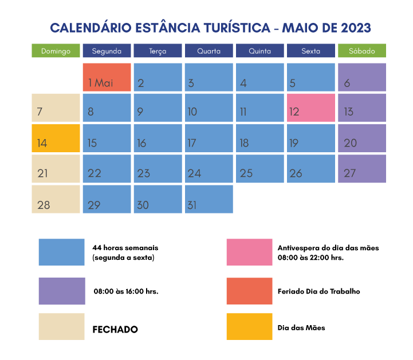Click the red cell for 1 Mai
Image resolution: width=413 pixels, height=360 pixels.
pyautogui.click(x=107, y=77)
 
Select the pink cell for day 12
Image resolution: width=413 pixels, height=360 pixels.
pyautogui.click(x=311, y=108)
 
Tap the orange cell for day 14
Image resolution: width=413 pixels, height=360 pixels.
pyautogui.click(x=56, y=138)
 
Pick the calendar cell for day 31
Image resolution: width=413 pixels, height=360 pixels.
pyautogui.click(x=209, y=199)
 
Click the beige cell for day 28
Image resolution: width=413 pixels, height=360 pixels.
pyautogui.click(x=56, y=199)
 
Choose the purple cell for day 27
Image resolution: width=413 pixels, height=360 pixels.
pyautogui.click(x=362, y=168)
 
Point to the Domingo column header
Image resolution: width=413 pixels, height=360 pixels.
pyautogui.click(x=56, y=51)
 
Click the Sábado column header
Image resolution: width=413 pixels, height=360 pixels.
pyautogui.click(x=362, y=51)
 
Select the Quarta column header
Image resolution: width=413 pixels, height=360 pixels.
pyautogui.click(x=209, y=51)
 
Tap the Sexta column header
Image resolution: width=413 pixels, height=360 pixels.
pyautogui.click(x=311, y=51)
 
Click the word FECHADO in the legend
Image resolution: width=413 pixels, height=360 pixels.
pyautogui.click(x=115, y=329)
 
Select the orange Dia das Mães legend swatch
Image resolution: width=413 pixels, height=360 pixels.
pyautogui.click(x=249, y=327)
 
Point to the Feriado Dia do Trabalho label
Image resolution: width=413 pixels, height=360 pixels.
pyautogui.click(x=318, y=291)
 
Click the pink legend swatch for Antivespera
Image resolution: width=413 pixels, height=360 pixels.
pyautogui.click(x=249, y=252)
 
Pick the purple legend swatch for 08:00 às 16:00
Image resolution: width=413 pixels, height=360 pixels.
pyautogui.click(x=62, y=291)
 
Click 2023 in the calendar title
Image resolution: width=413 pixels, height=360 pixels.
pyautogui.click(x=356, y=27)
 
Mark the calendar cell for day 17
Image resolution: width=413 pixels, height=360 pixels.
pyautogui.click(x=209, y=138)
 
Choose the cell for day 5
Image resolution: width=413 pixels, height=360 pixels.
pyautogui.click(x=311, y=77)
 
